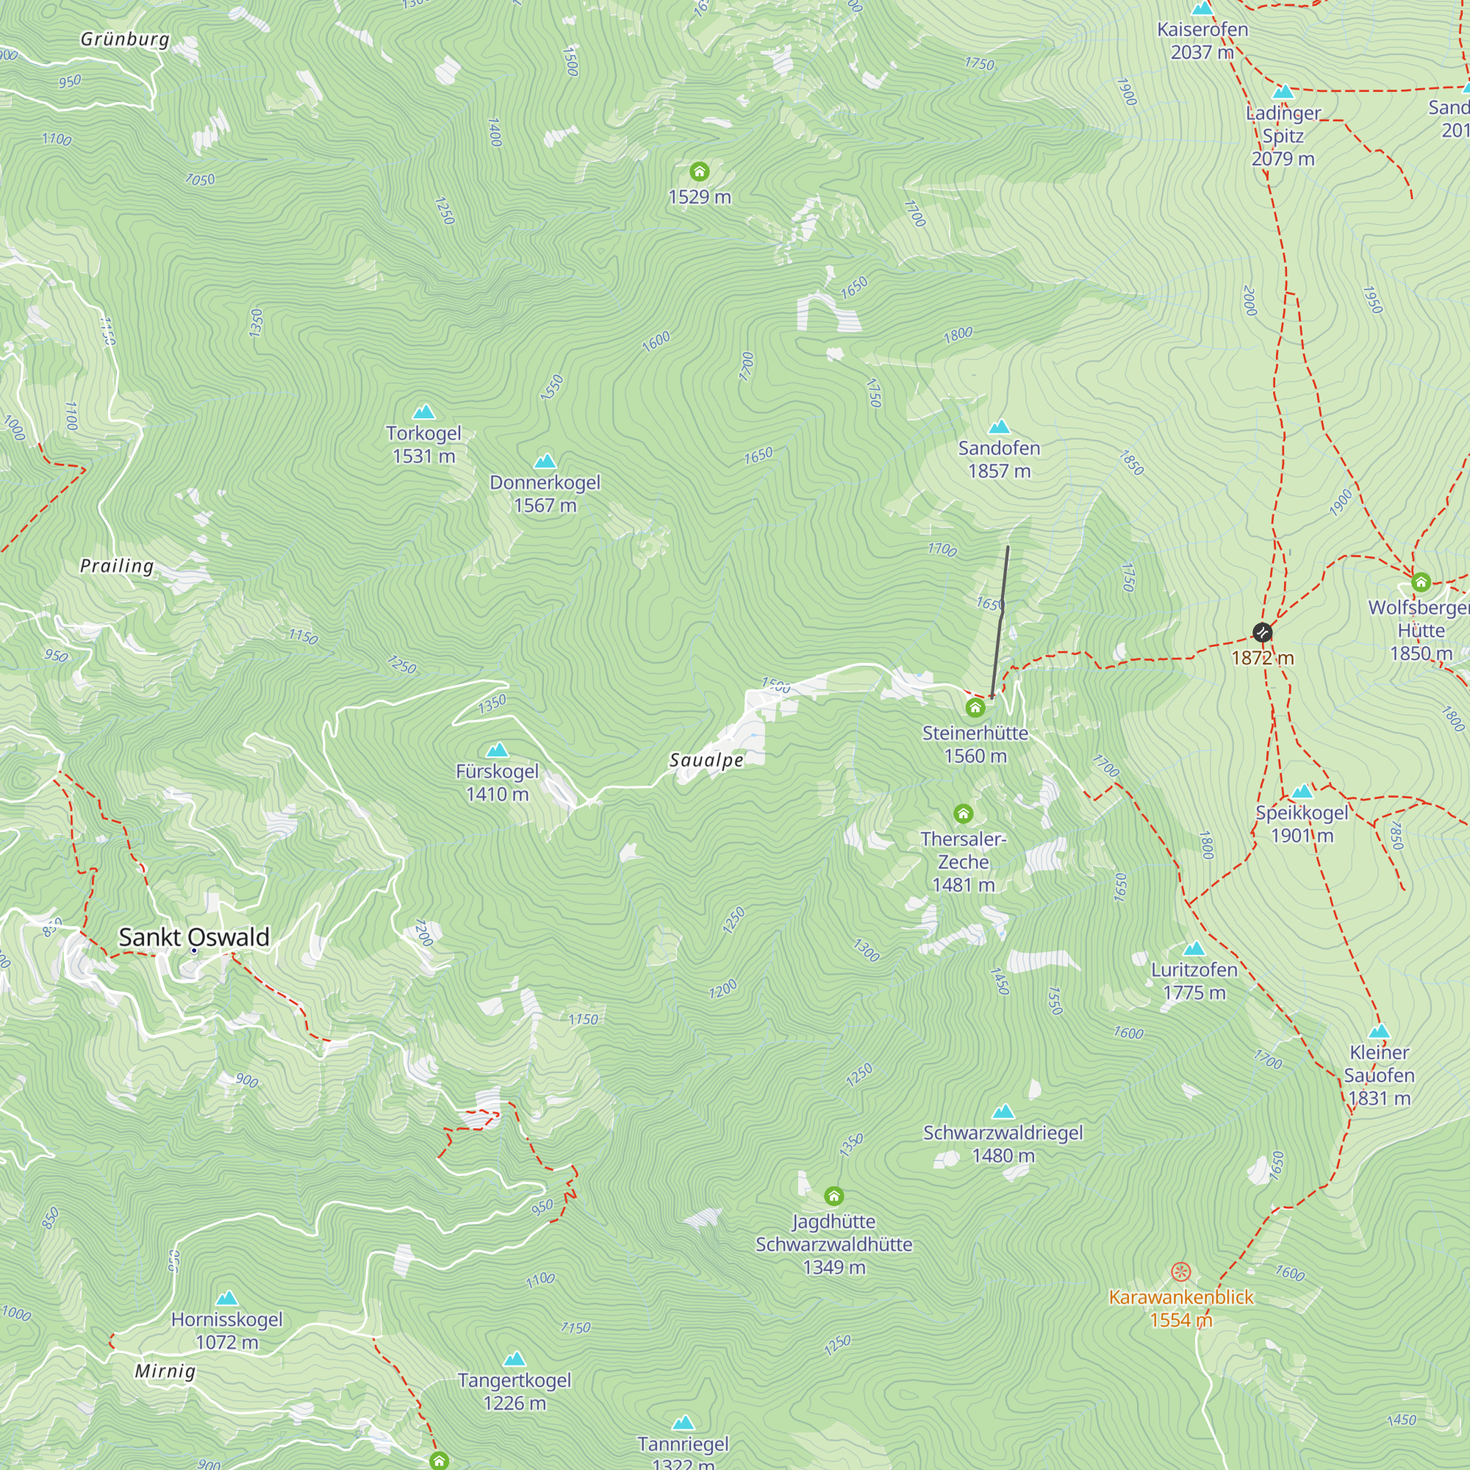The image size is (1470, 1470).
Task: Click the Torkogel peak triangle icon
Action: point(424,412)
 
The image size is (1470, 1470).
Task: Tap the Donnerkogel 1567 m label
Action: point(545,494)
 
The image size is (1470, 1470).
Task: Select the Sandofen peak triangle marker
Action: point(999,427)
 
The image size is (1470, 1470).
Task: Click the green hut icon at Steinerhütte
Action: point(975,709)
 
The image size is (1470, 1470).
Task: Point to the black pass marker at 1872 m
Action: point(1262,632)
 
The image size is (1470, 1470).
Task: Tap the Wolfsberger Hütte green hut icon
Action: point(1421,584)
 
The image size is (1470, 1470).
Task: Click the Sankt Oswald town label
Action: point(194,936)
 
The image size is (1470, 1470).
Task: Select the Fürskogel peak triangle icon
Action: point(497,750)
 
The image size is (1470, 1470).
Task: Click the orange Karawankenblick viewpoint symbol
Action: point(1180,1272)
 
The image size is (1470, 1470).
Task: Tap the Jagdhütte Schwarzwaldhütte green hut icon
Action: point(834,1196)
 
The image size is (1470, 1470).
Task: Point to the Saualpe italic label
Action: point(706,760)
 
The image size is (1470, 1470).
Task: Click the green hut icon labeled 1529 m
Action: point(699,171)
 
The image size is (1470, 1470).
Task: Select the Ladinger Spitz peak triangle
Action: point(1283,92)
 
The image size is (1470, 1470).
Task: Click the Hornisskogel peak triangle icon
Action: point(226,1298)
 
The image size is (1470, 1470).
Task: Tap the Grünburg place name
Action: point(125,39)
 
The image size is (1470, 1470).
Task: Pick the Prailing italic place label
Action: point(117,565)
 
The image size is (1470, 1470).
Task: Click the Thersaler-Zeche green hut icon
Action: point(964,814)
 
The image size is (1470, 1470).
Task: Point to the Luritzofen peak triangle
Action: point(1194,949)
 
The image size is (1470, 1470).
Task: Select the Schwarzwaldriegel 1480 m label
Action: point(1003,1144)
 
